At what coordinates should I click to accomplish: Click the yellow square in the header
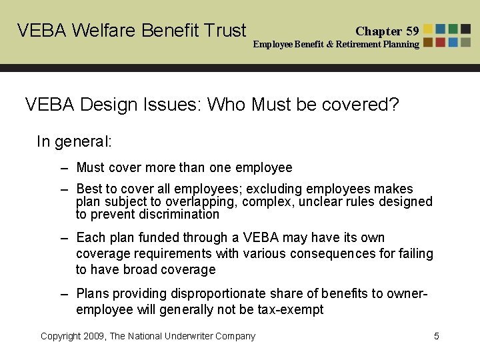tap(428, 29)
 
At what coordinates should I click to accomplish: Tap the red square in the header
tap(441, 42)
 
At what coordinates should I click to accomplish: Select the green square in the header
tap(453, 29)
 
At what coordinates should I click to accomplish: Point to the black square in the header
tap(466, 29)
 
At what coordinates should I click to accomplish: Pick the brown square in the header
tap(428, 42)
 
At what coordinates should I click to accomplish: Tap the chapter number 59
tap(413, 31)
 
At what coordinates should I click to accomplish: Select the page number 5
tap(437, 336)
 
